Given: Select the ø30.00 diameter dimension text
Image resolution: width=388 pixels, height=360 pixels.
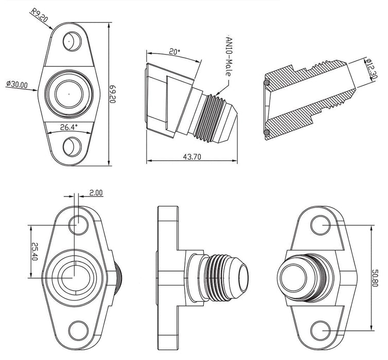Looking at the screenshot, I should [x=16, y=85].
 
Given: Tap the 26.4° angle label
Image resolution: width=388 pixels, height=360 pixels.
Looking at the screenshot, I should [x=68, y=127].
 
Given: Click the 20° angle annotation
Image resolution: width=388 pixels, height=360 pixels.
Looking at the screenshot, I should [x=174, y=51].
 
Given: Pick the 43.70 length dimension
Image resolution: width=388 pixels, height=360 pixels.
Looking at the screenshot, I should [x=192, y=157].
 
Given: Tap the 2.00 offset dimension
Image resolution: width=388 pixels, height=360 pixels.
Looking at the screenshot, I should [x=96, y=193].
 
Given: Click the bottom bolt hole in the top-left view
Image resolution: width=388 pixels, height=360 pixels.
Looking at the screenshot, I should [x=70, y=147].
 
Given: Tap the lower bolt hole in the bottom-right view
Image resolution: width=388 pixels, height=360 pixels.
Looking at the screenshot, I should [x=319, y=329].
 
